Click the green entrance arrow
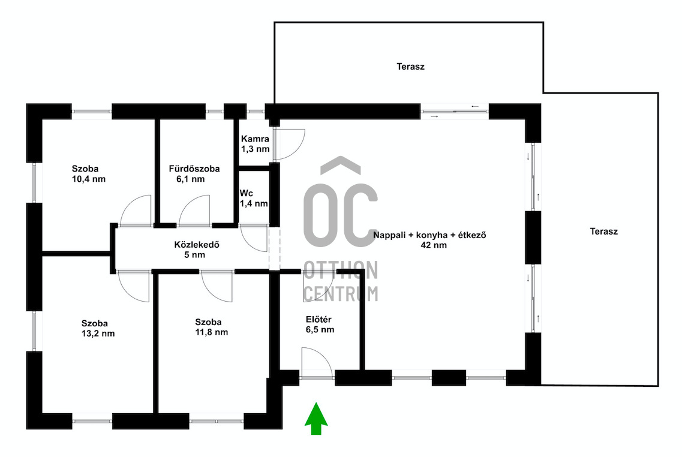pos(316,419)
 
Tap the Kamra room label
pos(256,139)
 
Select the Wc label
pos(246,193)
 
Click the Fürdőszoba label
pos(194,169)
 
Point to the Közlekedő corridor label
pos(197,245)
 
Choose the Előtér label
pos(319,320)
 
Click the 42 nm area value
pos(434,245)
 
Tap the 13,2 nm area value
pos(98,334)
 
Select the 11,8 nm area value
pos(211,333)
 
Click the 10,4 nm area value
pos(89,179)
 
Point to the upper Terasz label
pos(411,67)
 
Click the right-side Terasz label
pos(603,231)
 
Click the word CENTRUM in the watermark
pos(341,293)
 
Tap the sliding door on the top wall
pos(455,112)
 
